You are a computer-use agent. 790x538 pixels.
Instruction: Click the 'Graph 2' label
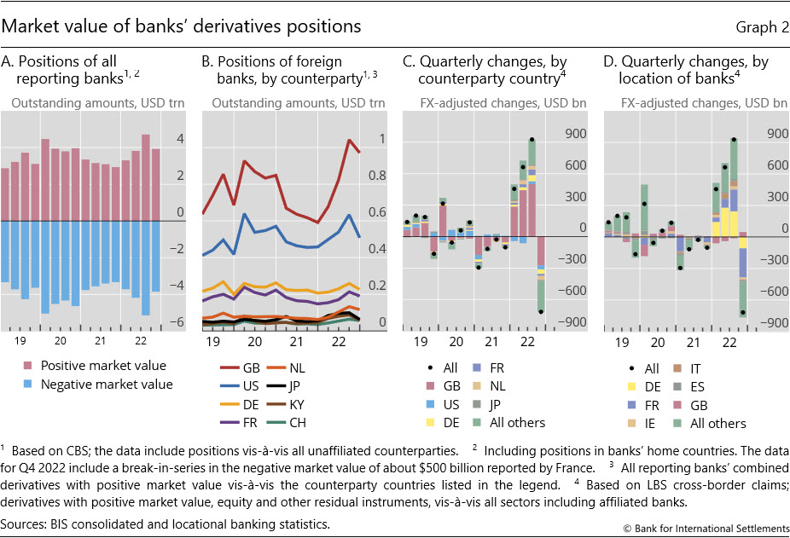click(x=762, y=26)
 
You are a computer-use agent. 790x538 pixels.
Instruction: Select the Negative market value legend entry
click(x=96, y=385)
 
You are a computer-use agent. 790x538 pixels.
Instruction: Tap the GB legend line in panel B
click(x=229, y=368)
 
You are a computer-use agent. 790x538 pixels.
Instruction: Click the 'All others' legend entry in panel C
click(x=521, y=423)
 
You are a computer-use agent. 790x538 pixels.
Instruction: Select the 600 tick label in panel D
click(x=775, y=165)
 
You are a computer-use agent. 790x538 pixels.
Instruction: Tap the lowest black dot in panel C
click(x=541, y=312)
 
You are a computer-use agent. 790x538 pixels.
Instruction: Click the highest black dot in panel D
click(x=734, y=140)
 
